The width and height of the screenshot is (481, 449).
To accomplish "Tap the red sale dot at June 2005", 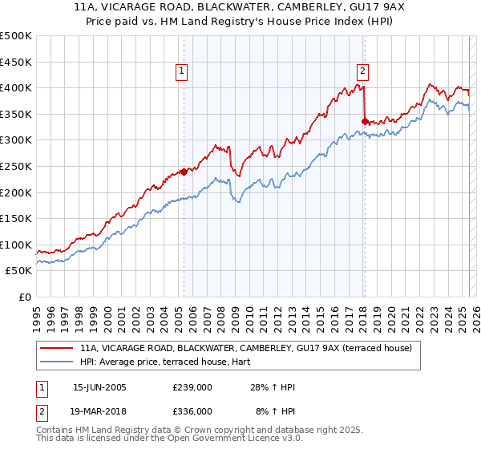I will coord(184,171).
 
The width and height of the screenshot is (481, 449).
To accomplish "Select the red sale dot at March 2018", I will coord(365,121).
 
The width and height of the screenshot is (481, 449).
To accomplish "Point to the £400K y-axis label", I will coord(17,88).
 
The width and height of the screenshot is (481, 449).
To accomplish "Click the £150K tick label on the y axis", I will coord(17,218).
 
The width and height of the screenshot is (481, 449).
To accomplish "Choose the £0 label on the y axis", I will coord(25,297).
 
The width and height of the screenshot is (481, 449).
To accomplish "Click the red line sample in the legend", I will coord(56,348).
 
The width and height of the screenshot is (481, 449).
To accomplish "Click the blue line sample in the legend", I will coord(56,362).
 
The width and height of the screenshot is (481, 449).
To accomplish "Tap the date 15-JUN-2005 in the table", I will coord(99,387).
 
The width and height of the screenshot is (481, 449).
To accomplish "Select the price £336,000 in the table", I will coord(192,411).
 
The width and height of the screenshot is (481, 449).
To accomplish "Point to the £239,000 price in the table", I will coord(192,387).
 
